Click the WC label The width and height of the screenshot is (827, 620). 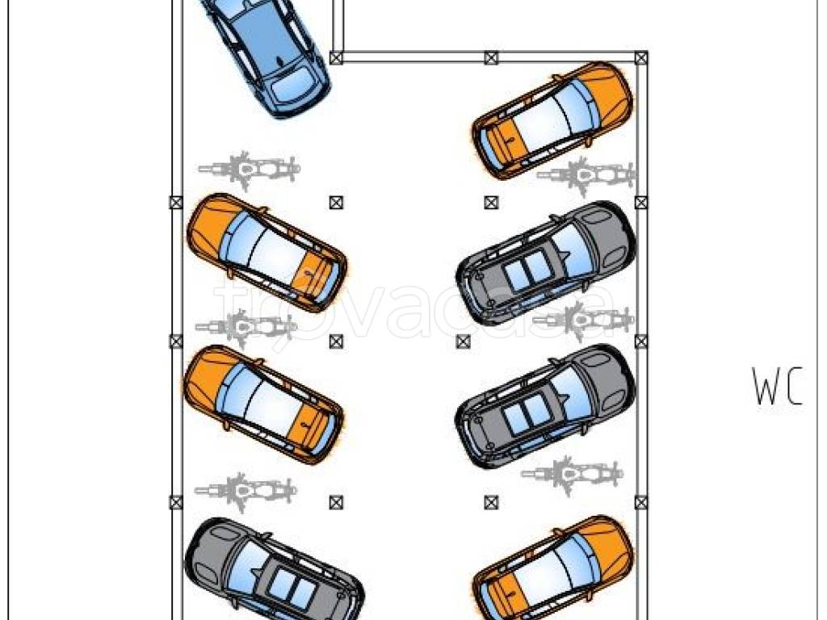(x=778, y=387)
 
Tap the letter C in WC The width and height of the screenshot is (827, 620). (x=793, y=387)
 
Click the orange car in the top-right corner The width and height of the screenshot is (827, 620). (x=552, y=120)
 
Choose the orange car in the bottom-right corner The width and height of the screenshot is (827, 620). (x=552, y=569)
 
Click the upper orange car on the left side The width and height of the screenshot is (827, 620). (x=267, y=253)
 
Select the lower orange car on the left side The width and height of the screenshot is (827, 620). (x=264, y=405)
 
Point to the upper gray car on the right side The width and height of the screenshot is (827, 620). (x=546, y=262)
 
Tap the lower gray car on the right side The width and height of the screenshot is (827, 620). (x=545, y=406)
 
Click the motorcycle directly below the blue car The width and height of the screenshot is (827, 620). (x=249, y=170)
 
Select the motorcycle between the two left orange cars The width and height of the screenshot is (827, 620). (x=246, y=327)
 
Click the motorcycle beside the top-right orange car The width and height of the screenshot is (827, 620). (x=586, y=175)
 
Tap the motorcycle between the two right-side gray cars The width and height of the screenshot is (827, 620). (x=583, y=320)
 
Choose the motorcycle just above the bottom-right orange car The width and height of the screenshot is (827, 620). (x=572, y=474)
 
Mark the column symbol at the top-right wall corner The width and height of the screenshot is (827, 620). (x=640, y=57)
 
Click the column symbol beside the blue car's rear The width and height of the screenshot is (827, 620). (x=336, y=57)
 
